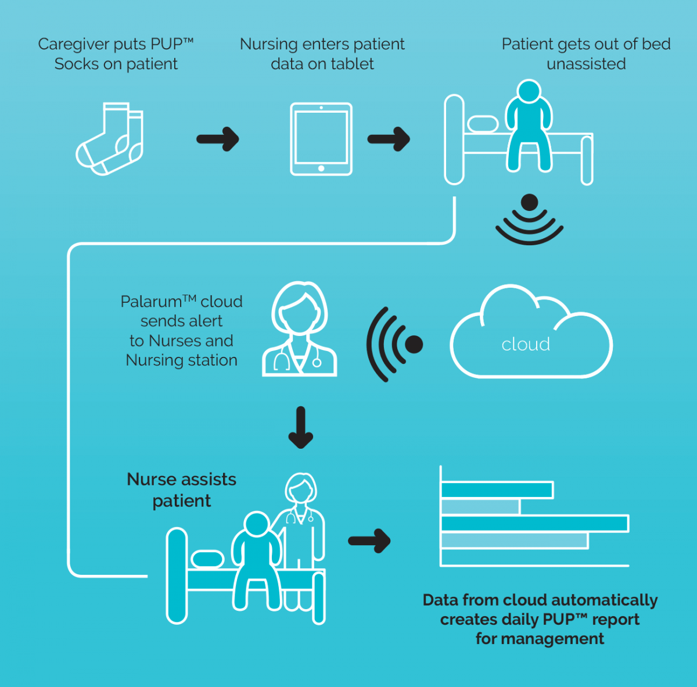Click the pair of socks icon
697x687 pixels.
tap(110, 139)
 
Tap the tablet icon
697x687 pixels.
tap(321, 139)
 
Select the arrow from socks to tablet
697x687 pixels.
tap(218, 139)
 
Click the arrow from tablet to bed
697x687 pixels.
tap(389, 139)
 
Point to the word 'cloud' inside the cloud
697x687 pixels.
tap(526, 344)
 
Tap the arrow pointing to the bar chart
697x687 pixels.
tap(369, 541)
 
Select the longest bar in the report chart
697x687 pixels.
tap(534, 523)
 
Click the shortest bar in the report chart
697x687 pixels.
tap(480, 507)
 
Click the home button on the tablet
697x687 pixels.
tap(321, 169)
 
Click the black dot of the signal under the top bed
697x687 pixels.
tap(530, 202)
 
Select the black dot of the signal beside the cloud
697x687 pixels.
tap(414, 344)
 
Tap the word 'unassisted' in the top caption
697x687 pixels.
tap(586, 64)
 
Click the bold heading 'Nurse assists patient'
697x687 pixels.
tap(182, 490)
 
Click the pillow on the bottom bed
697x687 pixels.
tap(207, 559)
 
